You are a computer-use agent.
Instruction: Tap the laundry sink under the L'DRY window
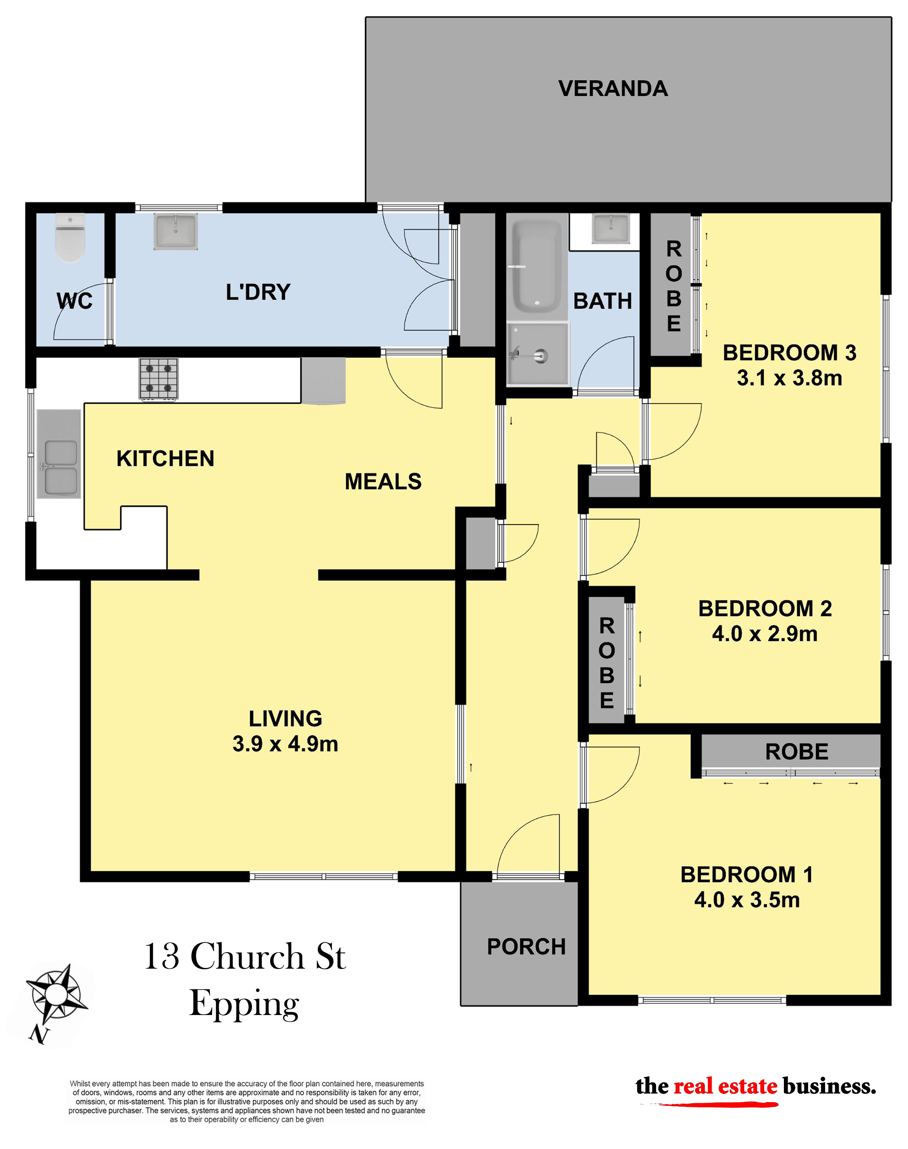[x=176, y=231]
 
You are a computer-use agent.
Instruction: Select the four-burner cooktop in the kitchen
[x=159, y=378]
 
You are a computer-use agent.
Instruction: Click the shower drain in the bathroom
[x=540, y=355]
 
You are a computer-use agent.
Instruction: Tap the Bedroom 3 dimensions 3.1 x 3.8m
[x=790, y=378]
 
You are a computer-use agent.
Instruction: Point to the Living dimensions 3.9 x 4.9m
[x=286, y=744]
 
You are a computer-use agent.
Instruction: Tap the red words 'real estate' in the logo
[x=725, y=1086]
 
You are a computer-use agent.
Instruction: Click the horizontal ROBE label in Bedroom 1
[x=797, y=752]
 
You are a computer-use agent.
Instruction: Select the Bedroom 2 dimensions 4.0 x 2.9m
[x=765, y=634]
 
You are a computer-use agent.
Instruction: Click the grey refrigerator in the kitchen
[x=323, y=381]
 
